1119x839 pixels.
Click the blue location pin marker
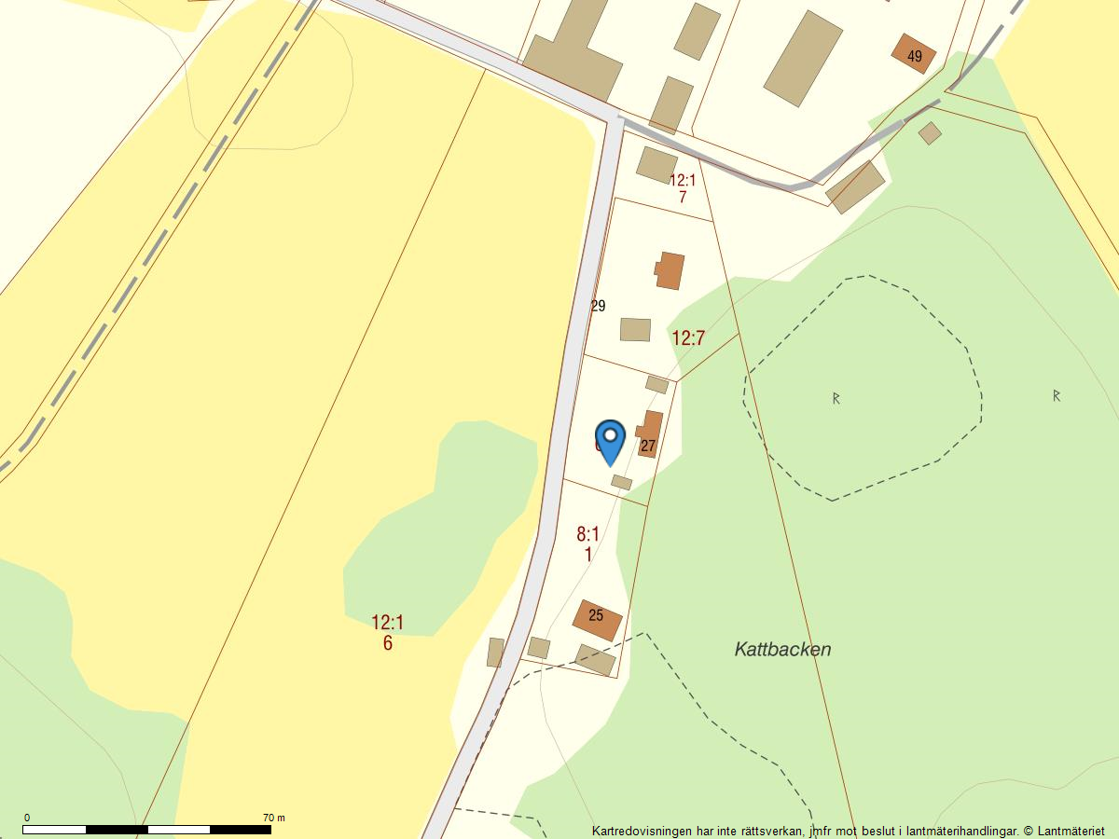click(x=610, y=441)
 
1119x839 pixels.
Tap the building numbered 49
click(x=913, y=54)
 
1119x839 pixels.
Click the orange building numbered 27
click(x=650, y=434)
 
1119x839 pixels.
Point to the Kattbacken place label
click(x=782, y=650)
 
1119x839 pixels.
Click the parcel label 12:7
click(x=688, y=338)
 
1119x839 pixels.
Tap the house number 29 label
click(x=599, y=306)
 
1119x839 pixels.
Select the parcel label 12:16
click(x=387, y=632)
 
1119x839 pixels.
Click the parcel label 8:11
click(x=587, y=544)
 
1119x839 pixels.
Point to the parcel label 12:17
click(x=683, y=188)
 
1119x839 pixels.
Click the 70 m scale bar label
click(x=274, y=818)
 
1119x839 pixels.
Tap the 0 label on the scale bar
click(x=26, y=818)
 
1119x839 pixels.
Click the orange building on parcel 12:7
click(x=670, y=270)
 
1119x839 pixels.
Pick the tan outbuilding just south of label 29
click(x=635, y=329)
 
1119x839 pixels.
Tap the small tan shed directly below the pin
click(x=621, y=482)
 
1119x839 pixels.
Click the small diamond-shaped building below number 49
click(x=930, y=133)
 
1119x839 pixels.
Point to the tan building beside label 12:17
click(x=656, y=164)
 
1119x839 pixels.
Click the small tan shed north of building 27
click(x=656, y=384)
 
